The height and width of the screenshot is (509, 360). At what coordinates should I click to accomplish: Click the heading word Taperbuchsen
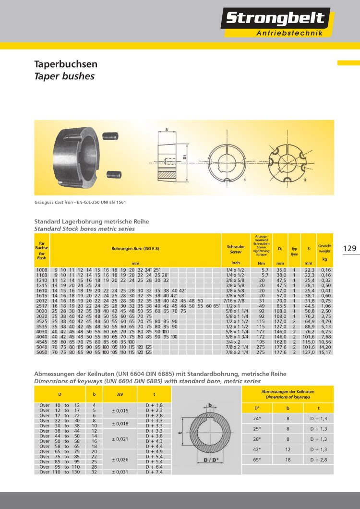point(66,64)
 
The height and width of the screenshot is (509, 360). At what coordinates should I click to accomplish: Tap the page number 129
point(350,248)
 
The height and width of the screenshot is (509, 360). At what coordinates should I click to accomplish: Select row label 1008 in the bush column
point(42,270)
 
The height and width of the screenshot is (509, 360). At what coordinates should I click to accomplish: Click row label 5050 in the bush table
point(42,352)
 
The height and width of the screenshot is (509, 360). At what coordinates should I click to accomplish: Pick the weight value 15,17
point(325,352)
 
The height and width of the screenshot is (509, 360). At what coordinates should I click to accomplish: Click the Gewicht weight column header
point(325,248)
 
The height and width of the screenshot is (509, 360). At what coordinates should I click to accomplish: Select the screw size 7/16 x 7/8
point(235,301)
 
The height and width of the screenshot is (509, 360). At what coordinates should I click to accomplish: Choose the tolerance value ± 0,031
point(120,473)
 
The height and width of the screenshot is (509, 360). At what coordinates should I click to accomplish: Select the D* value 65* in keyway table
point(257,460)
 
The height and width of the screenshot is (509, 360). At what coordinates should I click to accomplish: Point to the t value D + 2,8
point(319,460)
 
